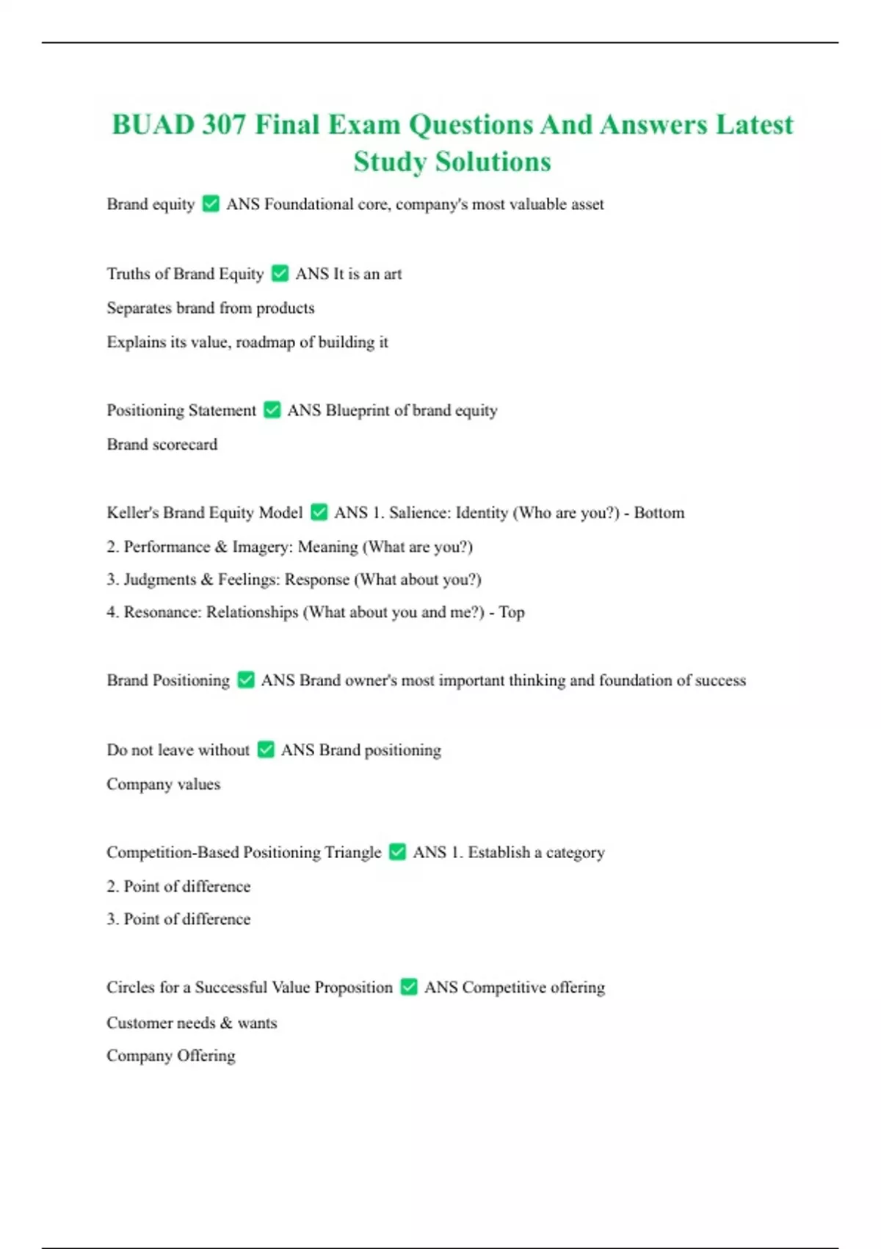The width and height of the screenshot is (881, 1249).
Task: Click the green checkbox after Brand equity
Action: tap(211, 204)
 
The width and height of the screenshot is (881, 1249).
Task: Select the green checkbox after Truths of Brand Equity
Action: tap(280, 273)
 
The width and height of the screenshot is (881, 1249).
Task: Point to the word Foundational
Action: tap(308, 204)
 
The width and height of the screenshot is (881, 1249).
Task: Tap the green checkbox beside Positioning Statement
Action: tap(272, 410)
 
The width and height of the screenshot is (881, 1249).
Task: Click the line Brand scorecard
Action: tap(162, 444)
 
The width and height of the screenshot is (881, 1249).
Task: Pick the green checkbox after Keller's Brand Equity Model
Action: tap(319, 512)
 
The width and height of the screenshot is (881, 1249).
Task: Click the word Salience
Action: tap(418, 513)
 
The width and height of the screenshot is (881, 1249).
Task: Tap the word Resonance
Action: tap(160, 613)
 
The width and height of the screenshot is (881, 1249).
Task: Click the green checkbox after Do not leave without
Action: tap(266, 749)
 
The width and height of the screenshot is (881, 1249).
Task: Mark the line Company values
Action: tap(163, 784)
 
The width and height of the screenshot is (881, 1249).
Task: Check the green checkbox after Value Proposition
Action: tap(409, 987)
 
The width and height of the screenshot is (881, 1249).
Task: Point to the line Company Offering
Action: tap(171, 1056)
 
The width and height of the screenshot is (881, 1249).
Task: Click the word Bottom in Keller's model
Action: tap(659, 513)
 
